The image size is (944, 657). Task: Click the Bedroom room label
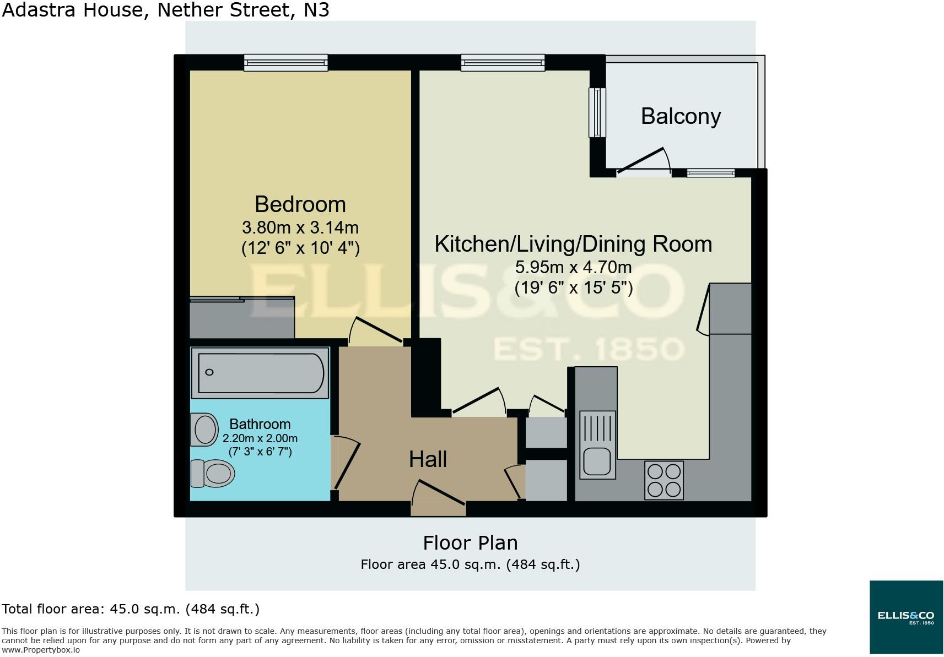300,204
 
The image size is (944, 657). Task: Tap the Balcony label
681,116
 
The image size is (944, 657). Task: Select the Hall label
428,459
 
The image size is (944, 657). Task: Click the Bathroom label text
260,424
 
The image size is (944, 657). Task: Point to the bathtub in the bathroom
260,372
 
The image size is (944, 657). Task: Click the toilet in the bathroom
213,473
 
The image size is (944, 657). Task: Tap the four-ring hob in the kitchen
664,480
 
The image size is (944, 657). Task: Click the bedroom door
379,330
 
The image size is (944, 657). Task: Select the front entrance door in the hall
440,492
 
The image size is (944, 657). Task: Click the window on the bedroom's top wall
286,63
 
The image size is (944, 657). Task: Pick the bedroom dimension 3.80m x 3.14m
300,227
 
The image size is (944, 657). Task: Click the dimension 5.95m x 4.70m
573,268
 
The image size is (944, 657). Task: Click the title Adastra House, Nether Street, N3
165,9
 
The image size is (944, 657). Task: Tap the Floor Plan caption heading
470,543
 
